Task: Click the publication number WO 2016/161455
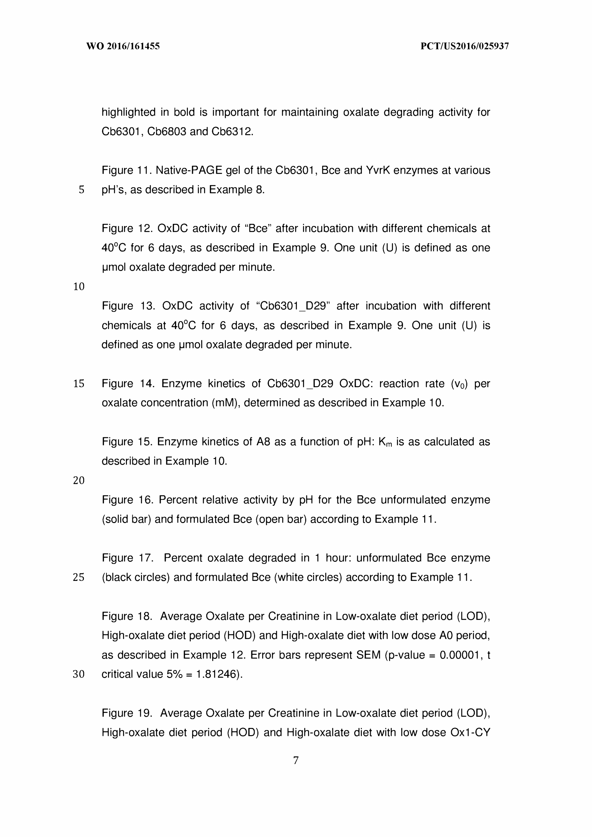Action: pos(123,46)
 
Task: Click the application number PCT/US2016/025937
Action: pos(464,46)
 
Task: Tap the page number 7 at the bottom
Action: pos(295,761)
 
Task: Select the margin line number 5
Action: pos(81,190)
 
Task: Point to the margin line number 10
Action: pos(79,287)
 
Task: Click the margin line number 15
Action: pos(79,383)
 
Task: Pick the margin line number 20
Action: pos(79,480)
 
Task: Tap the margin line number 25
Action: pos(79,577)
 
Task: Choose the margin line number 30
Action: pos(79,674)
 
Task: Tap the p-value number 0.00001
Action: pos(459,655)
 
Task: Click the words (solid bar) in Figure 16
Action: pos(126,519)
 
